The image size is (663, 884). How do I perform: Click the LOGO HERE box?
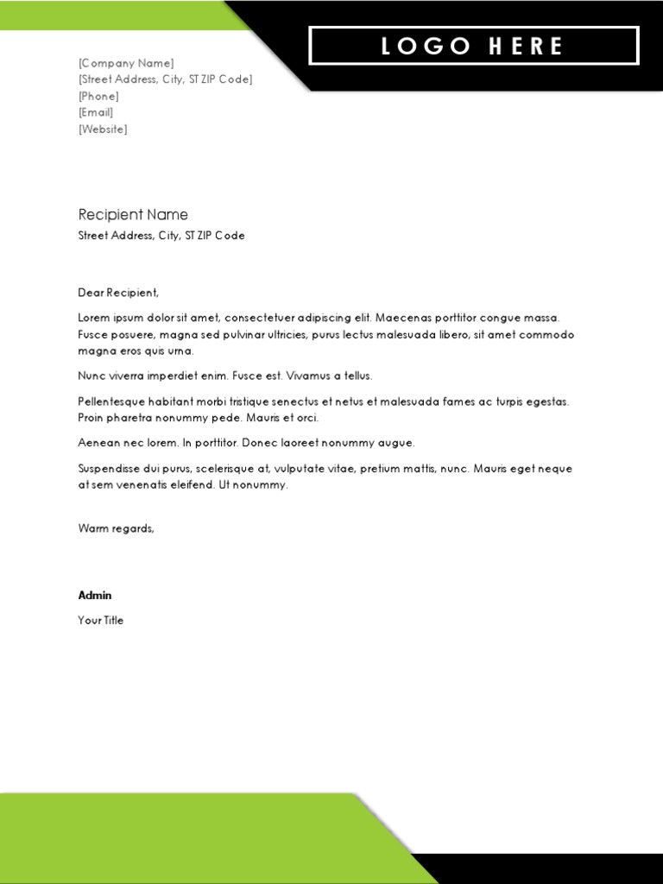click(x=473, y=46)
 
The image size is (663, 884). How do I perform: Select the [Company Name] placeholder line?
click(x=126, y=63)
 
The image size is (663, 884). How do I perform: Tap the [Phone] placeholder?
click(x=98, y=96)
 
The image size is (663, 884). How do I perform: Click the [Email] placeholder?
click(x=96, y=112)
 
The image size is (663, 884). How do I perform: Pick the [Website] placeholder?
click(x=103, y=129)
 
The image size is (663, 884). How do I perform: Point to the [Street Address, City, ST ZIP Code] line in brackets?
click(x=165, y=79)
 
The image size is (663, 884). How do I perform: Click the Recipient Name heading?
click(x=133, y=215)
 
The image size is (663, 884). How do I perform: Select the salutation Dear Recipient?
click(x=119, y=293)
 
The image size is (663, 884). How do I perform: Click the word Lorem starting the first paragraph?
click(x=94, y=318)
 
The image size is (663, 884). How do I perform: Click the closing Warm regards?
click(x=117, y=528)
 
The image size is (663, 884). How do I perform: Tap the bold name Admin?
click(x=95, y=596)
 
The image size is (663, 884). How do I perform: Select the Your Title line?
click(x=101, y=621)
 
